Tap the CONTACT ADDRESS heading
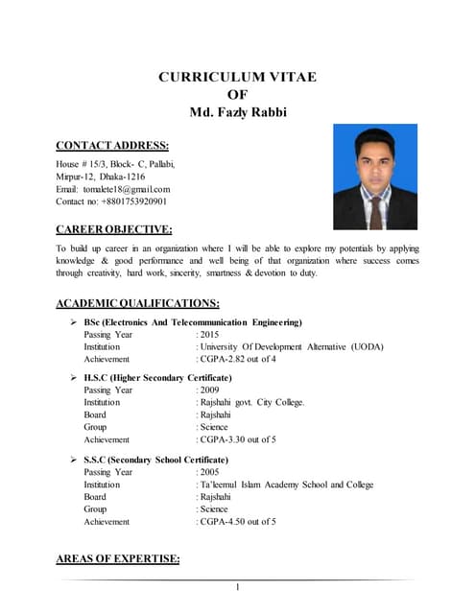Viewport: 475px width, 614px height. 112,146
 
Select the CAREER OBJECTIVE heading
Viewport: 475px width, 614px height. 114,229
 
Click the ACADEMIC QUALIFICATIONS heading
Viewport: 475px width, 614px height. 144,304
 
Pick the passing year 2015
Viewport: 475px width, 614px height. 210,335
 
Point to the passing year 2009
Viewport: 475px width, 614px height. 210,390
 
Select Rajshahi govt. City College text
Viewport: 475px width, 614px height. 252,403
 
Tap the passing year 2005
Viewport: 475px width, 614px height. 210,472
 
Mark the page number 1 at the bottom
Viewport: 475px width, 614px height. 237,587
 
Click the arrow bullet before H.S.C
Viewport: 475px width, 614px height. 75,378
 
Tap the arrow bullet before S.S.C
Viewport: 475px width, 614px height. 75,460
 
